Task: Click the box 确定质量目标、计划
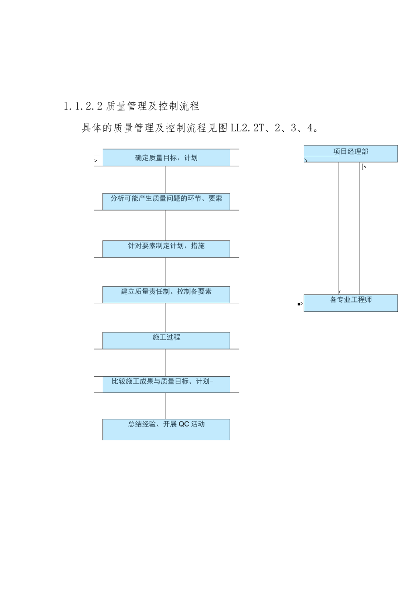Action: click(x=166, y=158)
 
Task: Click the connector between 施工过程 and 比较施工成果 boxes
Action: click(x=165, y=362)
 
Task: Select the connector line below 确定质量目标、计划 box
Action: click(x=165, y=179)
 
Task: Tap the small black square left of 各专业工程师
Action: click(x=299, y=304)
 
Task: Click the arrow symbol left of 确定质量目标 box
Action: click(x=96, y=160)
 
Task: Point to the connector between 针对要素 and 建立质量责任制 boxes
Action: click(x=165, y=272)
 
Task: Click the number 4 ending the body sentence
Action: click(x=310, y=128)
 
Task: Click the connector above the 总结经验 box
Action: click(x=165, y=406)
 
